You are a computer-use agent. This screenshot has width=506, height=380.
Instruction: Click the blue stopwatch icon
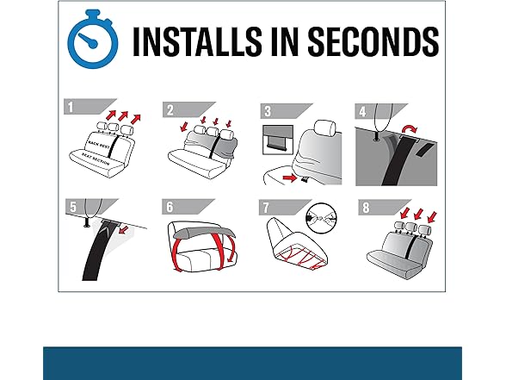92,40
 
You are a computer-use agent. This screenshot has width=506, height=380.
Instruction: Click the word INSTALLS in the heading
197,41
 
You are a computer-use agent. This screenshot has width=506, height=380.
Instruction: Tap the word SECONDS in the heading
373,41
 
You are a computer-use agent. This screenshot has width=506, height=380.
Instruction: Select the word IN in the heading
284,41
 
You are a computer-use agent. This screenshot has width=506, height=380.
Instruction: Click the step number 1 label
71,107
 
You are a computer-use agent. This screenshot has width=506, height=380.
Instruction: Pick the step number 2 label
170,110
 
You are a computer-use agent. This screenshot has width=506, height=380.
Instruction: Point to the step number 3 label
268,111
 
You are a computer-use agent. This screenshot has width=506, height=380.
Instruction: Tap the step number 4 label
363,112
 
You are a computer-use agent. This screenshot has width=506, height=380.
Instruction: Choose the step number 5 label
73,207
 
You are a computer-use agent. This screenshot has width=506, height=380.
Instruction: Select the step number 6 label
170,207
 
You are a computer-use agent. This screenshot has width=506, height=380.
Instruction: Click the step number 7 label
266,208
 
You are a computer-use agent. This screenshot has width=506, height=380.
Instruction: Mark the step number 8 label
366,208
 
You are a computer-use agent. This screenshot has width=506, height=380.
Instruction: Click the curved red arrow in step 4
410,128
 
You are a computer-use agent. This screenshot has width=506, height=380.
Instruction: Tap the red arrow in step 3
289,178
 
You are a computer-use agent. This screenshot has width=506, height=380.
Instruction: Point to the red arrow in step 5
124,230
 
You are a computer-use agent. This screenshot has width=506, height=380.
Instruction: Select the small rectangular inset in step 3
278,140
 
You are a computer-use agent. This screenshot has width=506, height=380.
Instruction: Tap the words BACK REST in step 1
99,144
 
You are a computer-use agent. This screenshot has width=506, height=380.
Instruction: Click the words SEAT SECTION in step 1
96,159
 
